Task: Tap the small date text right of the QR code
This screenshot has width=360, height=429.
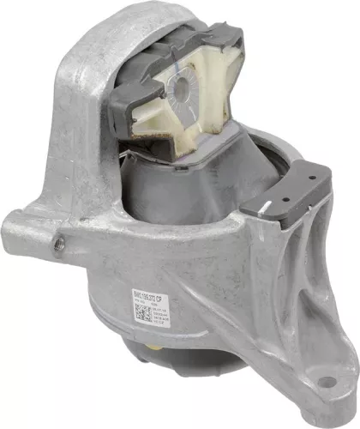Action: tap(169, 314)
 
